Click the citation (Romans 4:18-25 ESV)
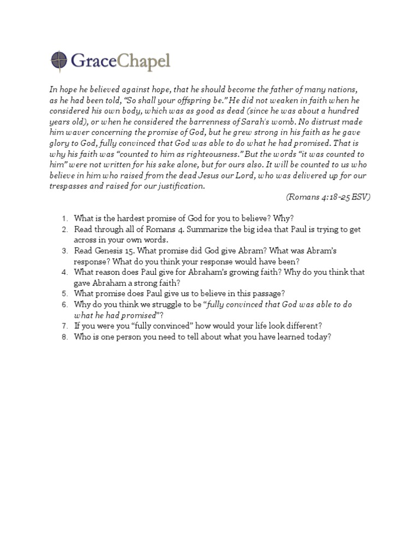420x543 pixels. coord(328,197)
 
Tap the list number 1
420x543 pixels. coord(64,219)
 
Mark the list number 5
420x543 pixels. coord(64,294)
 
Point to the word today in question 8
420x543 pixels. coord(319,337)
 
